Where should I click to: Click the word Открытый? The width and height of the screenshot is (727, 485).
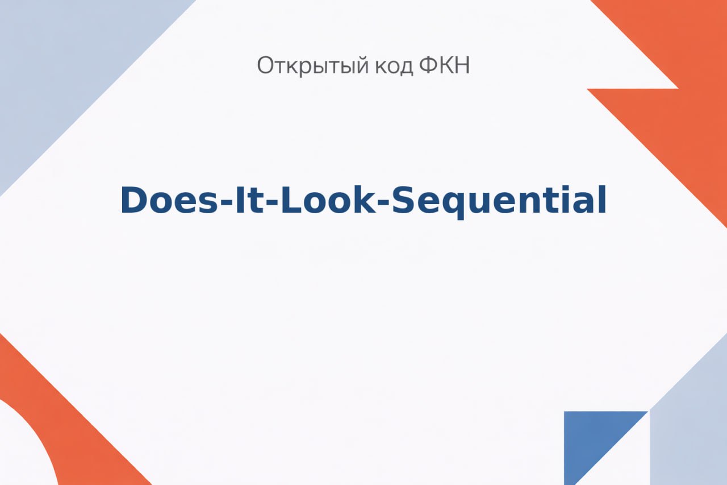click(x=313, y=66)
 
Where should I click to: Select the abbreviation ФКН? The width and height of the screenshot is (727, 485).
click(x=444, y=65)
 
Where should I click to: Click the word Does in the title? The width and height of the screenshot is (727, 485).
click(x=169, y=201)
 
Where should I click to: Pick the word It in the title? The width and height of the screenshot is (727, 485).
click(x=249, y=201)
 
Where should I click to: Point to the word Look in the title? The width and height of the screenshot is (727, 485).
click(x=328, y=200)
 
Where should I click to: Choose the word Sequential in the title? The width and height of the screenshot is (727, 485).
click(x=499, y=201)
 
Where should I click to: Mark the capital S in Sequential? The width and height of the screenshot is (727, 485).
click(x=404, y=200)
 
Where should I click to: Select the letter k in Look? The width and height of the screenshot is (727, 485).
click(x=363, y=200)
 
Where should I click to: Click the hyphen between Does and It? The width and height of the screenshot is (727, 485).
click(x=227, y=204)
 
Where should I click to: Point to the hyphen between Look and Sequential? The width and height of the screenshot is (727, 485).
click(x=383, y=204)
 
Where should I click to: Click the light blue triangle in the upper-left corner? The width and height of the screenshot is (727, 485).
click(x=65, y=65)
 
